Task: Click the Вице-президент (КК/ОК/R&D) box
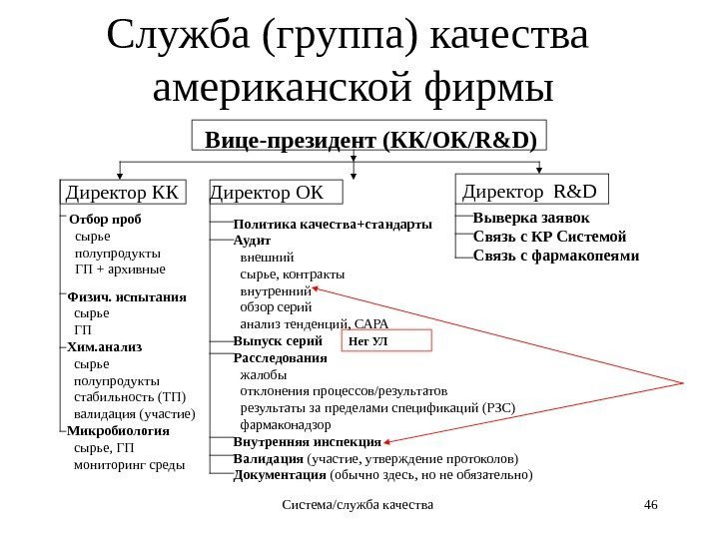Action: [x=369, y=138]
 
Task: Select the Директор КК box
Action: [x=120, y=190]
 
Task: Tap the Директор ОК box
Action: [x=274, y=190]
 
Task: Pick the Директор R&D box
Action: [x=531, y=188]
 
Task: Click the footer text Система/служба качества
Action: [x=359, y=507]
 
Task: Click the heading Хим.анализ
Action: [x=105, y=346]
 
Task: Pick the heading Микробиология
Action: [x=118, y=431]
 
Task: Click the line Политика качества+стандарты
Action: [x=333, y=224]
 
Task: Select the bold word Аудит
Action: [x=252, y=241]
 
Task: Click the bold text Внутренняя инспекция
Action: [x=308, y=441]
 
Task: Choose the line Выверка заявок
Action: [x=531, y=219]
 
